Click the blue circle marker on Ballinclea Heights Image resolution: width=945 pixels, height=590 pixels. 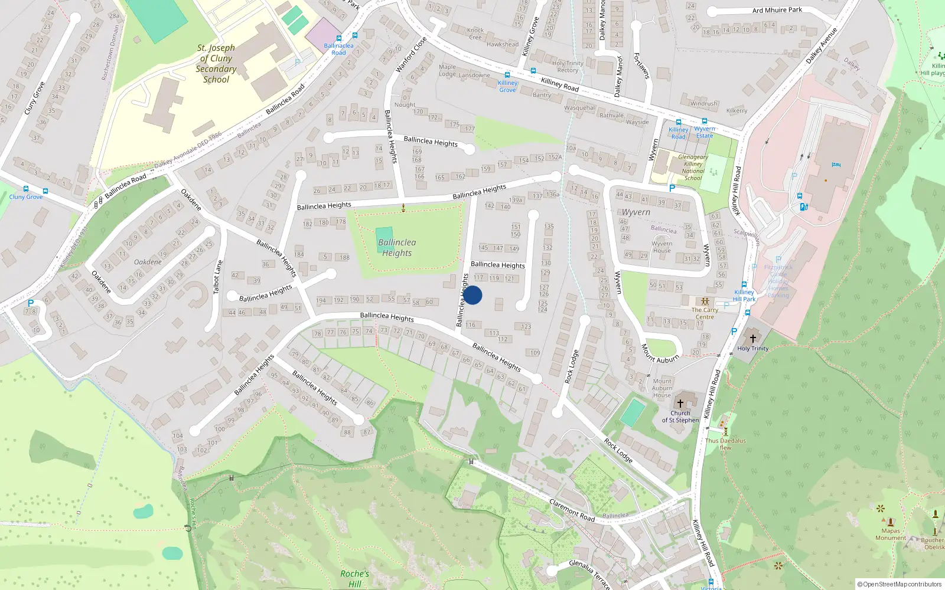pos(472,295)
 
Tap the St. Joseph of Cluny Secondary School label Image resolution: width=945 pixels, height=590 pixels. pos(216,64)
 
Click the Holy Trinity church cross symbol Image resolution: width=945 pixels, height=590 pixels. pos(752,338)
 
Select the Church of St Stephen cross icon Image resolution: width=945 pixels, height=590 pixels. pos(680,404)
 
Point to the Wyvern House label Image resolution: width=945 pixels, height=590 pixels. pos(661,247)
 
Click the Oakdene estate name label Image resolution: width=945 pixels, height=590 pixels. pos(148,262)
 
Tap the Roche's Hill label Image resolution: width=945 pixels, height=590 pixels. pos(354,578)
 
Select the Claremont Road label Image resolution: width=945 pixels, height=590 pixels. pos(572,510)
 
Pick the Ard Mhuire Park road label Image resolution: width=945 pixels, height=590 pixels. pos(777,10)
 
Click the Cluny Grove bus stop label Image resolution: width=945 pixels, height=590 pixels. pos(26,197)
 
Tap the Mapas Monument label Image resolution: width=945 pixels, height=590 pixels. pos(891,535)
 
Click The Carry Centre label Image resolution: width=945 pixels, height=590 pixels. pos(705,313)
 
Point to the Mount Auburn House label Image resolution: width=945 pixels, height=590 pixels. pos(662,388)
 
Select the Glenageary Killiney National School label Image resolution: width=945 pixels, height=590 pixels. pos(693,168)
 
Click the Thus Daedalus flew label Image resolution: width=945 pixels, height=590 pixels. pos(725,444)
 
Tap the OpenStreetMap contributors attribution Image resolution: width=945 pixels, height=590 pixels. pos(900,584)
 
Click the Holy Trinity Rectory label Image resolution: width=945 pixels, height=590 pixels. pos(568,67)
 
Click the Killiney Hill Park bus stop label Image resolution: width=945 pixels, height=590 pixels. pos(744,296)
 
